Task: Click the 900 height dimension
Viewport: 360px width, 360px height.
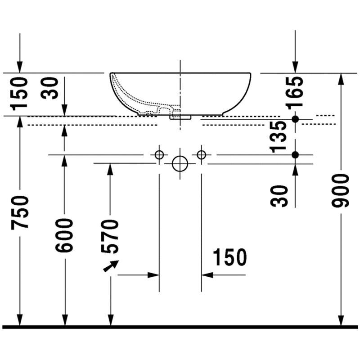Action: coord(341,190)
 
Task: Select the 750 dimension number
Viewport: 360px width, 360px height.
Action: coord(20,212)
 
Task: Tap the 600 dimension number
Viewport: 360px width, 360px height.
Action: coord(64,235)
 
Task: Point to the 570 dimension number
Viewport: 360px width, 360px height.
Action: coord(110,236)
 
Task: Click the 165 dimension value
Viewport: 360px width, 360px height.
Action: coord(295,93)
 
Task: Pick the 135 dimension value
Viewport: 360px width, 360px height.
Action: coord(278,137)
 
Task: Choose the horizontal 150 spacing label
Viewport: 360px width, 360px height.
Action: coord(230,257)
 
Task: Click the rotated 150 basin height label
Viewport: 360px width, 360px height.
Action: coord(19,94)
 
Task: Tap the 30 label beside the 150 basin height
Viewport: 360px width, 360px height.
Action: coord(49,88)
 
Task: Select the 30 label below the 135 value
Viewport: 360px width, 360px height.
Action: coord(279,197)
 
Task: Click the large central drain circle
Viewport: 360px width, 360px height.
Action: coord(180,164)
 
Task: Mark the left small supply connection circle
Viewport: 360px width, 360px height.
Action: coord(159,155)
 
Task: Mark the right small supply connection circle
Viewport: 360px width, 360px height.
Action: coord(201,155)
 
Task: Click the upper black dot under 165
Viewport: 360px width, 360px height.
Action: coord(295,119)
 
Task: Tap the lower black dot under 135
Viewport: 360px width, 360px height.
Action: coord(295,155)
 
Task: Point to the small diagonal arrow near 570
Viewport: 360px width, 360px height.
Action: coord(111,266)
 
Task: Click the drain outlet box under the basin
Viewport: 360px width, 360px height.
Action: coord(180,117)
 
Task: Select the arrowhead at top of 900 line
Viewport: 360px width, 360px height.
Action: coord(341,79)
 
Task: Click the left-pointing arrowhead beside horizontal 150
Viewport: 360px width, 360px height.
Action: coord(207,275)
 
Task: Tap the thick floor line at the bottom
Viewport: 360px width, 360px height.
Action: coord(180,327)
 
